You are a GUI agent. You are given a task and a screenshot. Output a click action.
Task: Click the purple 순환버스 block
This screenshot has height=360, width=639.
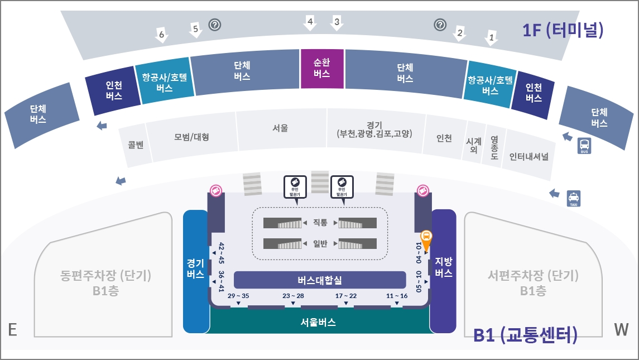point(322,69)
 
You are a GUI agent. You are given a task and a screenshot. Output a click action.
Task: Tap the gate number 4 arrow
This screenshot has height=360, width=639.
point(310,23)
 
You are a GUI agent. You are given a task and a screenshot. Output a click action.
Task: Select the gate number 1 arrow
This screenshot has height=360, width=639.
point(491,37)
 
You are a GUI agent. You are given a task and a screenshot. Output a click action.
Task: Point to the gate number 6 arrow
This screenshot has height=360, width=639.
point(162,35)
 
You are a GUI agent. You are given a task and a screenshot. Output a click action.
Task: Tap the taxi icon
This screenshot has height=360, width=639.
point(574,198)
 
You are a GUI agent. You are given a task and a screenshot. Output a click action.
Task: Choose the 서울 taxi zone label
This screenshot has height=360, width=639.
point(280,128)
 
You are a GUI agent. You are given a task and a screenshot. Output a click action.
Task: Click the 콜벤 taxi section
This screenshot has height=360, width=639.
point(136,146)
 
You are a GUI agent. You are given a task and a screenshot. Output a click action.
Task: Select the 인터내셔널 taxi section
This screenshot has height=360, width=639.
point(529,156)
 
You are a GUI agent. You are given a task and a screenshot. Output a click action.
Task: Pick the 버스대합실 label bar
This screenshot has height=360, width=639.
point(320,280)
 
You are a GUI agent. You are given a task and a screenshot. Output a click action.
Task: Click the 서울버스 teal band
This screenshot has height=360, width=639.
point(318,322)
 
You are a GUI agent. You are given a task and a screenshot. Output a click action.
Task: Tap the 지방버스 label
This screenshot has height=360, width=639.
point(443,267)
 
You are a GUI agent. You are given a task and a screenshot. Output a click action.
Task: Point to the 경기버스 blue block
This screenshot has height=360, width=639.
point(195,268)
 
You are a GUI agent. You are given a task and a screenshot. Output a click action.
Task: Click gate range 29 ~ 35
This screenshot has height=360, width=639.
point(238,296)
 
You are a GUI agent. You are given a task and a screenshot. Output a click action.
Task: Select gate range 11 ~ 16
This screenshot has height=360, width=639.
point(397,296)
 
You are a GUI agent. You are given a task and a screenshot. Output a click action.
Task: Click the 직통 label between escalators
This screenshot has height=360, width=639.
point(320,223)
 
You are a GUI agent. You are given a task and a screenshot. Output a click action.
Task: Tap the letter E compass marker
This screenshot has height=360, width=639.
point(12,330)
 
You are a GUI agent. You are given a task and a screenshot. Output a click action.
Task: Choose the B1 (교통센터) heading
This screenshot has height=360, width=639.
point(525,335)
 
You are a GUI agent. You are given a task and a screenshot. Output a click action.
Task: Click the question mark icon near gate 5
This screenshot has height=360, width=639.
point(215,25)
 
